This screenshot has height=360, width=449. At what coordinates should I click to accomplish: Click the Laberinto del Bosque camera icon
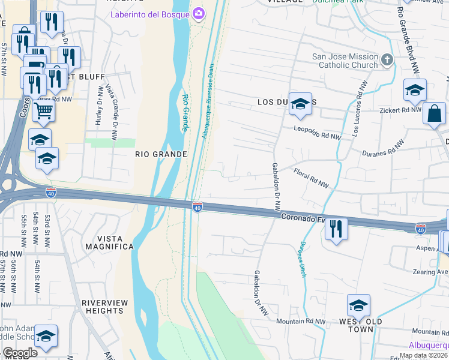click(197, 13)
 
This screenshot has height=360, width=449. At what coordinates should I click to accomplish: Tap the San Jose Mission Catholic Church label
click(345, 61)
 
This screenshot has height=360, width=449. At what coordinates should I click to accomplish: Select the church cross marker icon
click(387, 59)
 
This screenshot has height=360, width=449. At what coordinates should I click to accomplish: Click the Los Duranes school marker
click(300, 105)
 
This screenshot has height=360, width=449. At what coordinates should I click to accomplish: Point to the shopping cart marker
click(43, 110)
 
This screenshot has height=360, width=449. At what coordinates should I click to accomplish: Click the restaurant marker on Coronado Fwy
click(336, 229)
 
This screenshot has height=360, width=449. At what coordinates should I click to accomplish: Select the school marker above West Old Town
click(358, 306)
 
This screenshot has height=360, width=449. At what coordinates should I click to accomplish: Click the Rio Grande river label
click(185, 113)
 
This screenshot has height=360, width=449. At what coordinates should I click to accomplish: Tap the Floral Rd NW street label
click(312, 178)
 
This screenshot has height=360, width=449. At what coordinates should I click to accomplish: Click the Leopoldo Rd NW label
click(317, 133)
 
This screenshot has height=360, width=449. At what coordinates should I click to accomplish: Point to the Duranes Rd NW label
click(383, 149)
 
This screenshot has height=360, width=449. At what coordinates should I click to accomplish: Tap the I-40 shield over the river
click(197, 207)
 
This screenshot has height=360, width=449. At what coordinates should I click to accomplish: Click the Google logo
click(20, 353)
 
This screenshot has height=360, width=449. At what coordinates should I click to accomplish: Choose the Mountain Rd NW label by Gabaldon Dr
click(301, 322)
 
